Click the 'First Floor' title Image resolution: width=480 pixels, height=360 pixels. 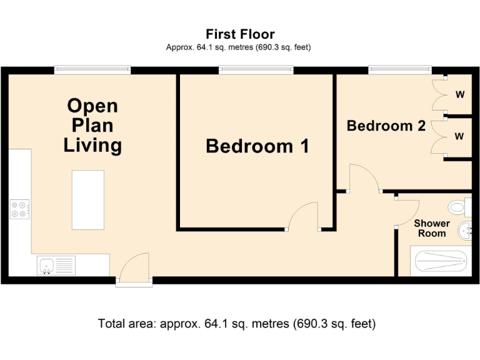(x=240, y=34)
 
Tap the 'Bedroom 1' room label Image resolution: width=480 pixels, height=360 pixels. (x=257, y=146)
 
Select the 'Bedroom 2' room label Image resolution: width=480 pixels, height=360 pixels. (x=386, y=126)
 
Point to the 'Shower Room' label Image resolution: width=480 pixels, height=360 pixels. (x=432, y=228)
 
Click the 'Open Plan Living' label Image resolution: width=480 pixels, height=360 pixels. (x=92, y=125)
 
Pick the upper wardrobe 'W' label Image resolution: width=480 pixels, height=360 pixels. (x=459, y=95)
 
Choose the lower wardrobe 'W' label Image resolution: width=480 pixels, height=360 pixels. (x=459, y=136)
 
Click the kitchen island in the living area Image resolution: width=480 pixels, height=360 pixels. (x=87, y=199)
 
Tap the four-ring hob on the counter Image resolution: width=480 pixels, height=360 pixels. (x=20, y=209)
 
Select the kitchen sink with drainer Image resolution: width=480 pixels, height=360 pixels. (x=56, y=265)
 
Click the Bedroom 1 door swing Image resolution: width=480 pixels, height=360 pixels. (x=304, y=217)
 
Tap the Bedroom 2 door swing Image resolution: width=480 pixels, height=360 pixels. (x=364, y=178)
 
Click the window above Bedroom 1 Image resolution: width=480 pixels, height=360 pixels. (x=256, y=70)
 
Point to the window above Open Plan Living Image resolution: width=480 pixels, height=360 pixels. (x=92, y=70)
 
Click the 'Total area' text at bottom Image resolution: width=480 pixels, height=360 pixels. (x=236, y=324)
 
